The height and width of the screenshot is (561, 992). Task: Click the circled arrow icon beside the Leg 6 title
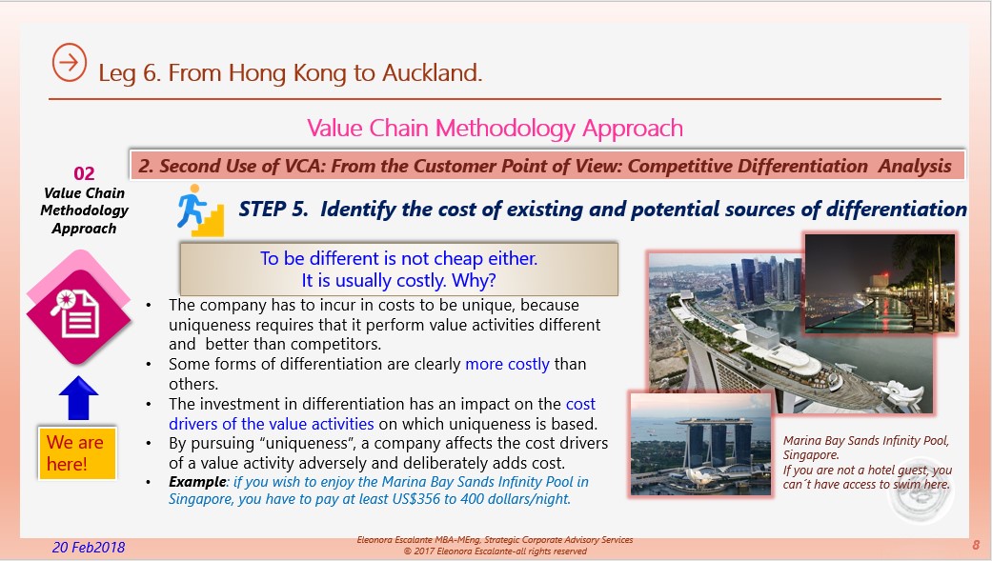tap(69, 62)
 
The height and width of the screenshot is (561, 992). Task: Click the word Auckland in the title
tap(432, 72)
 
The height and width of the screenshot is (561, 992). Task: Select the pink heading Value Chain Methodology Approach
tap(495, 129)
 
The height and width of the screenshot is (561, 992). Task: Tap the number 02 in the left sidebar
tap(84, 173)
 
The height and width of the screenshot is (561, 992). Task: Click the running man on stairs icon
tap(200, 210)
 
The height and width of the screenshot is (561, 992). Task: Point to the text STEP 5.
tap(273, 209)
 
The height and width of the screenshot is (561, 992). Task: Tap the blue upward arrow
tap(78, 398)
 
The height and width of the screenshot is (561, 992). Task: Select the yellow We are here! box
tap(76, 452)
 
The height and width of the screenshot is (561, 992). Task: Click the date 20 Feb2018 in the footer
tap(89, 547)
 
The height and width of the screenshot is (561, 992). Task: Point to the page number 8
tap(976, 545)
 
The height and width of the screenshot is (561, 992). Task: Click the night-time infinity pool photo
tap(880, 283)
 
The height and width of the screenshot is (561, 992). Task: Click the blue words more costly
tap(507, 364)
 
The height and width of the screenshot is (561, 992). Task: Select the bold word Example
tap(197, 482)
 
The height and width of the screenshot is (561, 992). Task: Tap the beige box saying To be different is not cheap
tap(399, 269)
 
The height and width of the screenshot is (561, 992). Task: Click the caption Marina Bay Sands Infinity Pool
tap(866, 441)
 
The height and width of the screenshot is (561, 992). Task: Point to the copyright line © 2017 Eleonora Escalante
tap(495, 551)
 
